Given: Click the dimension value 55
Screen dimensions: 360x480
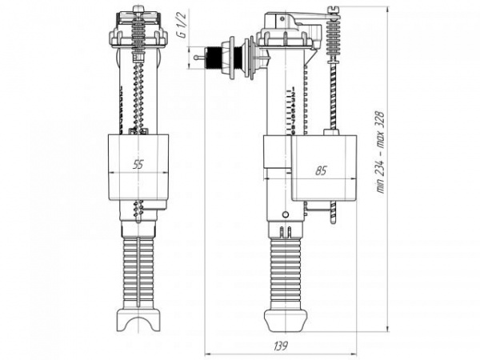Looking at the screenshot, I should tap(138, 165).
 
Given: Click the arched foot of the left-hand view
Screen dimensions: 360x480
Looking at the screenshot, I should tap(138, 320).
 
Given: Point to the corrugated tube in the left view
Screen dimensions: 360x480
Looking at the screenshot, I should tap(138, 264).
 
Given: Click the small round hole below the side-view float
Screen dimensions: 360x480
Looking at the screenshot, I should tap(286, 214).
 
